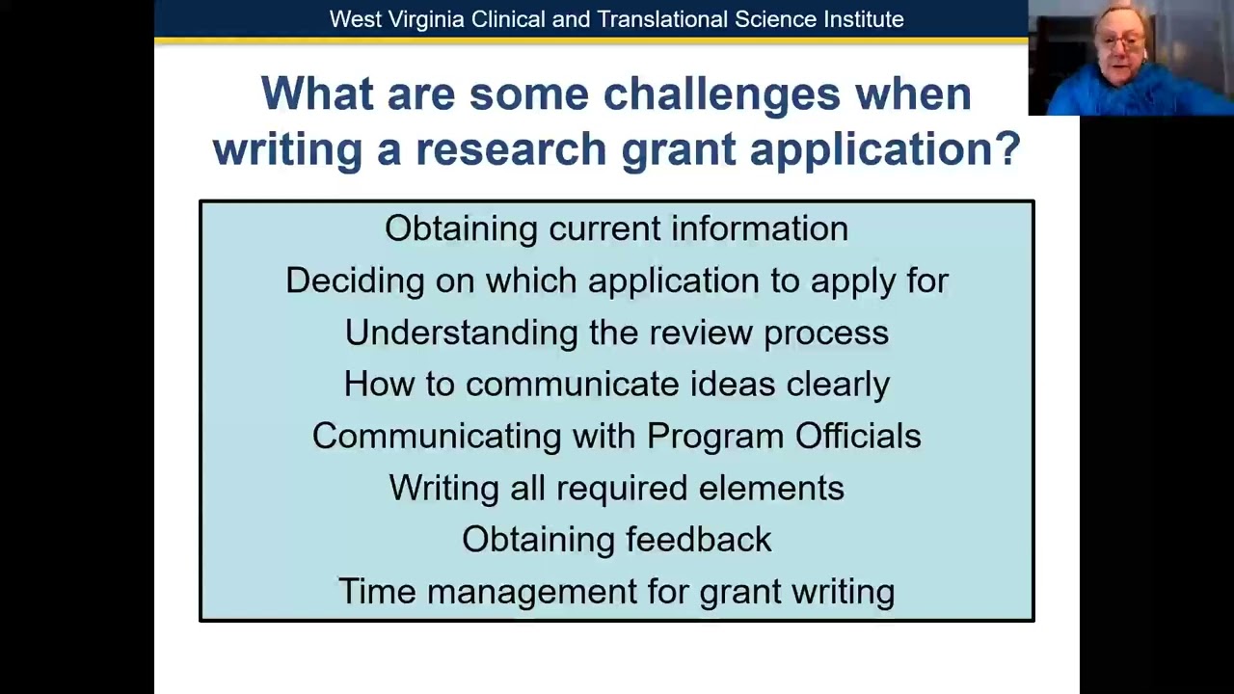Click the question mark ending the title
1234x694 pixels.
[x=1008, y=148]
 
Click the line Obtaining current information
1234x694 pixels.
[x=616, y=228]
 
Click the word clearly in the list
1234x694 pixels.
[x=838, y=385]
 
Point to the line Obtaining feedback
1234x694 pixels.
[x=616, y=540]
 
